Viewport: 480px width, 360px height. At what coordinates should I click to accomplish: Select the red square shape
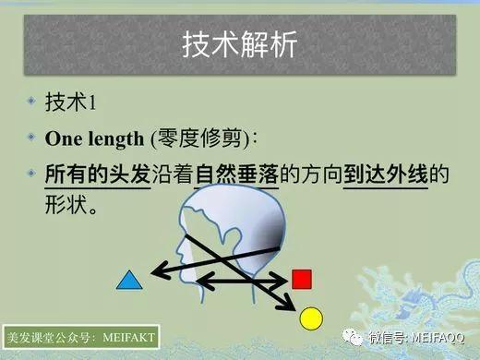(301, 278)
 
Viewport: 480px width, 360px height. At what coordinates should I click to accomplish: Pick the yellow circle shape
(312, 318)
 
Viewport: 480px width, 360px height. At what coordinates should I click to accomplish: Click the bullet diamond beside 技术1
(30, 102)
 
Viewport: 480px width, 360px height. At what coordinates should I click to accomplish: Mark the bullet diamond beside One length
(30, 138)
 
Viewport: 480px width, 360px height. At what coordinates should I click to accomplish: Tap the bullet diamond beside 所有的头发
(30, 173)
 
